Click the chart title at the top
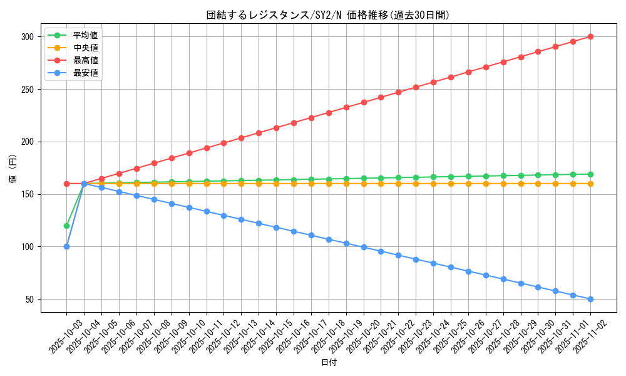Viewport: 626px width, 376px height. point(328,15)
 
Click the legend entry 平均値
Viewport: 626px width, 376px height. point(85,35)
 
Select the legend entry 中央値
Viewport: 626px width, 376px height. point(85,48)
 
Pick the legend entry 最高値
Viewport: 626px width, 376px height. point(85,60)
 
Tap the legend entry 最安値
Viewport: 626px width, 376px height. point(85,73)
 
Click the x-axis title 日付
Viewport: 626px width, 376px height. point(329,363)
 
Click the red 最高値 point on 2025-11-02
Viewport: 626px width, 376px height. point(590,36)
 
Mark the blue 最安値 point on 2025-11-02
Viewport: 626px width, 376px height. point(590,299)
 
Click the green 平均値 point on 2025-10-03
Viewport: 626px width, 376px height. point(66,226)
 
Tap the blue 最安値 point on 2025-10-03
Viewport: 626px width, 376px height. point(66,246)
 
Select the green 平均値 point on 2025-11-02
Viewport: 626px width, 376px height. point(590,174)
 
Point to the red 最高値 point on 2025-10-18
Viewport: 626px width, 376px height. point(329,113)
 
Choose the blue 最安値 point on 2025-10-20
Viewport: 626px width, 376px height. point(364,247)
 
